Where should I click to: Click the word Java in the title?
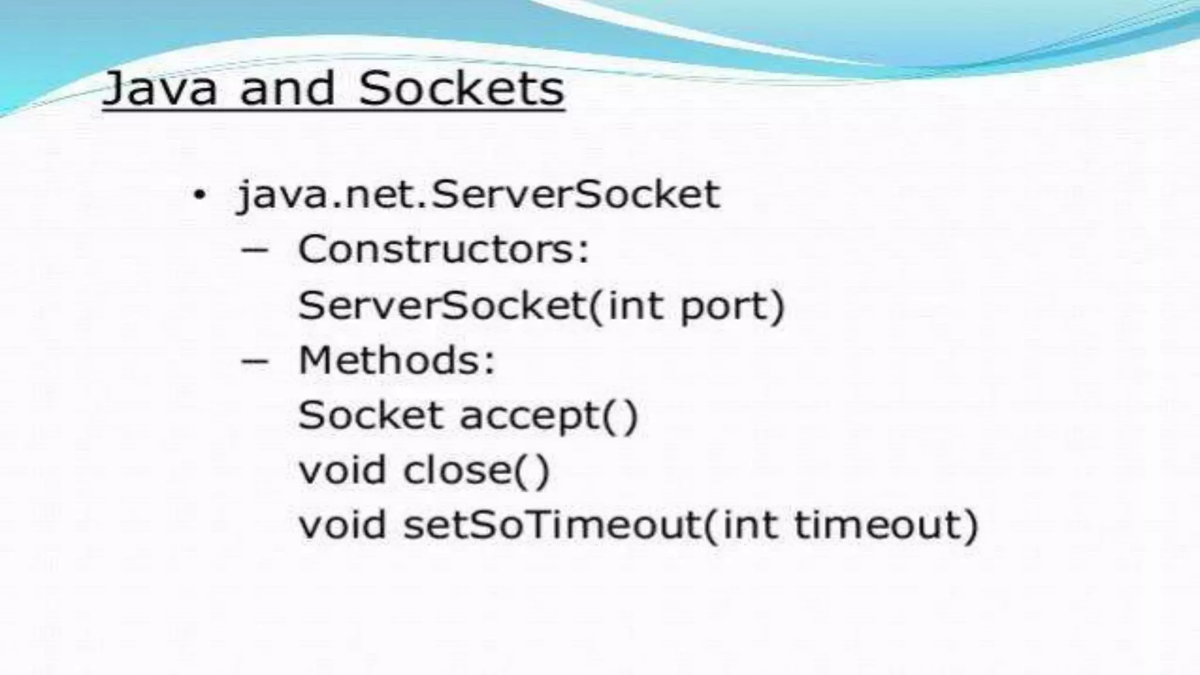coord(160,89)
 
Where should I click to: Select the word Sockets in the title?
coord(461,89)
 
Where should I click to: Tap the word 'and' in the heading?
coord(287,89)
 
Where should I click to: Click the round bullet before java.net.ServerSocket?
coord(200,195)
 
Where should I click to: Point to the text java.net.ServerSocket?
coord(478,195)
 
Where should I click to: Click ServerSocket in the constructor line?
coord(442,305)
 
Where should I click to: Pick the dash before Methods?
coord(255,360)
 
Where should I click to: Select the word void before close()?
coord(343,469)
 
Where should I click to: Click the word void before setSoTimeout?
coord(343,524)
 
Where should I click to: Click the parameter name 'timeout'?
coord(879,524)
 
